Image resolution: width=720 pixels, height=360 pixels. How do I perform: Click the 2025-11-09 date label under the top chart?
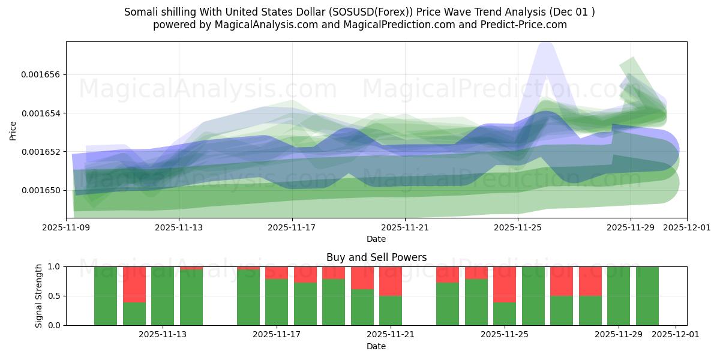click(67, 228)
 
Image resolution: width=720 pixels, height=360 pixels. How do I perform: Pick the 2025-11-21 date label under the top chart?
click(405, 228)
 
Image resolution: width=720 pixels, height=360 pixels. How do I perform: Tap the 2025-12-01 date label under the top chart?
click(687, 228)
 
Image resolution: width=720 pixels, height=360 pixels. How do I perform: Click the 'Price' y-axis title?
click(13, 130)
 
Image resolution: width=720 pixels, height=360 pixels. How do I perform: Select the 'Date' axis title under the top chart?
click(376, 239)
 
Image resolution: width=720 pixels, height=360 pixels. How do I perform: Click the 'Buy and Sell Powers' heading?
click(376, 257)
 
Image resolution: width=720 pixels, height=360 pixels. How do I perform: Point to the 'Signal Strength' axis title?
click(39, 296)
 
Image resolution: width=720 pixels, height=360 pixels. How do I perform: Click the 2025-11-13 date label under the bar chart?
click(163, 335)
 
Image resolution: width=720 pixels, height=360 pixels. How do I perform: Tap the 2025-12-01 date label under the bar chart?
click(676, 335)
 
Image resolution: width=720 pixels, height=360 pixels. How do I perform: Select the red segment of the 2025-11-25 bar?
click(505, 284)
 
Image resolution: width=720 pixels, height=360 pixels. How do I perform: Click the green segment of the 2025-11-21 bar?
click(391, 310)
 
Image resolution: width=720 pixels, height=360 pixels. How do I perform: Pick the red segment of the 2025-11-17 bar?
click(277, 272)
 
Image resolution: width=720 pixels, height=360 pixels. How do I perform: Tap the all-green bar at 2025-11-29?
click(619, 296)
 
